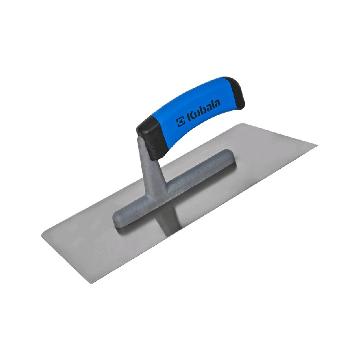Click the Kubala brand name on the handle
tap(203, 112)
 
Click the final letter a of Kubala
tap(217, 103)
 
